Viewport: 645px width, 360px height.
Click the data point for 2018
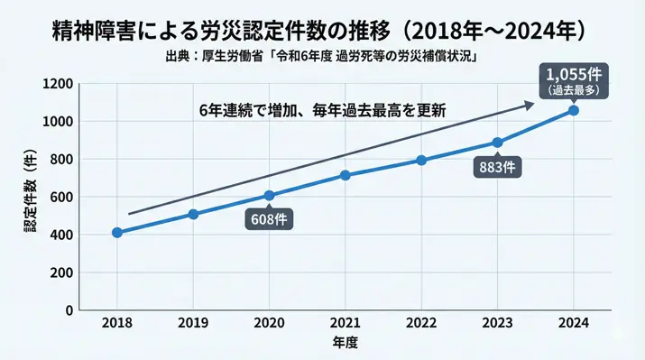(x=117, y=232)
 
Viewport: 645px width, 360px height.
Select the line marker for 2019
(x=193, y=214)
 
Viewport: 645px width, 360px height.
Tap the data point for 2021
(x=346, y=175)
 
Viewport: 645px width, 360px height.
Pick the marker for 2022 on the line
(x=421, y=161)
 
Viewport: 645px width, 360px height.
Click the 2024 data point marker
(x=574, y=110)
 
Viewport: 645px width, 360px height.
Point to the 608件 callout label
(x=270, y=218)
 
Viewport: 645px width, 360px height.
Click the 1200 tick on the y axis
(x=60, y=84)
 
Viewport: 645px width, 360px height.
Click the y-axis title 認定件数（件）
(x=30, y=198)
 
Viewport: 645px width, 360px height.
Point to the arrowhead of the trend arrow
(x=531, y=106)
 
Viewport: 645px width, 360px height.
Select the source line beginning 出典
(x=322, y=57)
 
